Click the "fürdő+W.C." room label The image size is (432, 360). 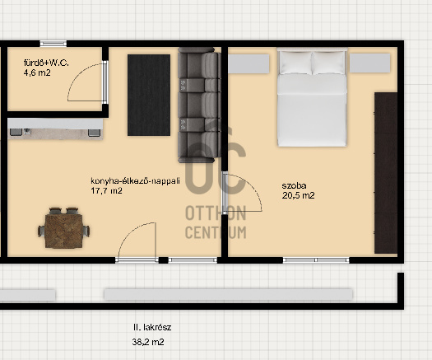click(46, 63)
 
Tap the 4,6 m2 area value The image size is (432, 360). click(37, 72)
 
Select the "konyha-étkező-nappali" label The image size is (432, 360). click(135, 181)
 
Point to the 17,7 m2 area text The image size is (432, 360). click(106, 190)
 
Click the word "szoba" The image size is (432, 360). click(294, 185)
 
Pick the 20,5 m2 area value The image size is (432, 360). click(298, 195)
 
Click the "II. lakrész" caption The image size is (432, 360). click(152, 327)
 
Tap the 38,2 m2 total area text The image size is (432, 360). click(148, 343)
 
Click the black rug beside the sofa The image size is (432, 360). click(149, 95)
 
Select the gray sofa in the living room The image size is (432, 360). click(199, 105)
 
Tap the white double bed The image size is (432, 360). click(312, 97)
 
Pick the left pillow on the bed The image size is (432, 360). click(295, 63)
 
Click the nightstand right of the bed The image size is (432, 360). click(369, 63)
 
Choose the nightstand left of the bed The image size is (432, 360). click(249, 63)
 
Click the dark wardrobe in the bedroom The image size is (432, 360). click(386, 173)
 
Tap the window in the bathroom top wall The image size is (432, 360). click(53, 44)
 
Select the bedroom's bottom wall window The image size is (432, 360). click(316, 259)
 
